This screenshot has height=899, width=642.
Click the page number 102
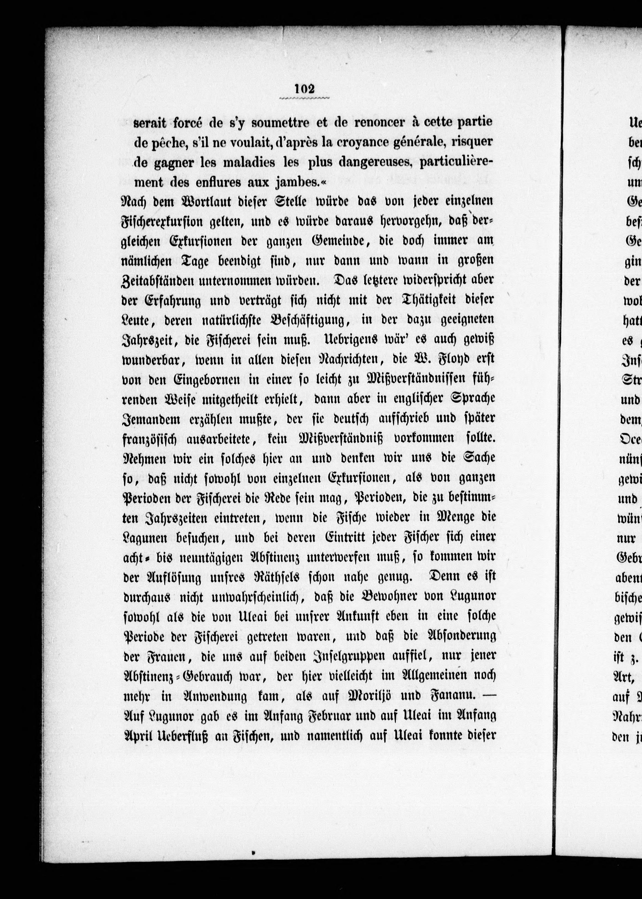[304, 89]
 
